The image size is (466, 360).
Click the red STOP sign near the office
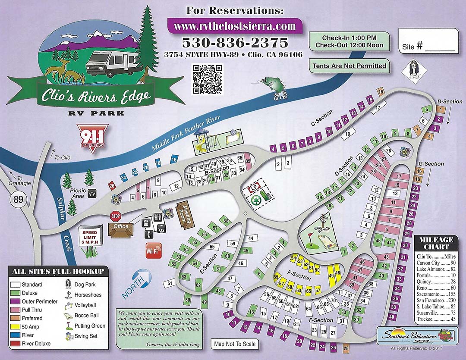(115, 216)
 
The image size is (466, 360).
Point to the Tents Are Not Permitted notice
(349, 66)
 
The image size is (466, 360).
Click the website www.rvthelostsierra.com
(234, 26)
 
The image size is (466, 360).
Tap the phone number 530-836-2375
(234, 43)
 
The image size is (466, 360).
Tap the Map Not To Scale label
(235, 344)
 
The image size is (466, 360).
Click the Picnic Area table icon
(91, 194)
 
